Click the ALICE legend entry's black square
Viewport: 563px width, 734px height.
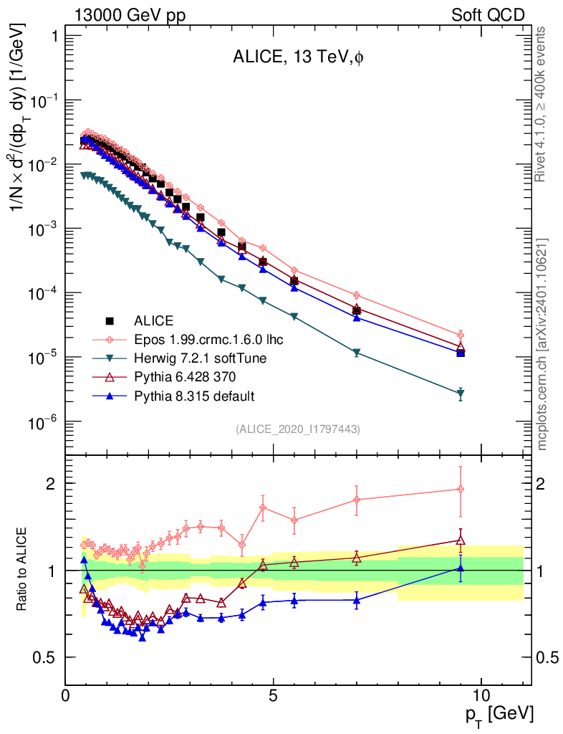point(110,320)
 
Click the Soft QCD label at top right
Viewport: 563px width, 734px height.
point(488,15)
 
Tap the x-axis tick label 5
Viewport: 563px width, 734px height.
point(274,696)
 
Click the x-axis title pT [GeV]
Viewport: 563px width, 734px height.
point(499,714)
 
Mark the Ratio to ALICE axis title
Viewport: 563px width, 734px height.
point(23,571)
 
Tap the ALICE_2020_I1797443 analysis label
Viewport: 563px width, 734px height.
point(297,429)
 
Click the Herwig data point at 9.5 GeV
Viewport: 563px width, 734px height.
point(461,394)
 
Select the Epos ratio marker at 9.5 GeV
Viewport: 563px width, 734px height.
point(461,489)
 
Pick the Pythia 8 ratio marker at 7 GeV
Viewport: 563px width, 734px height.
point(357,599)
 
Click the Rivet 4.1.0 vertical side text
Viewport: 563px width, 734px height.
point(542,104)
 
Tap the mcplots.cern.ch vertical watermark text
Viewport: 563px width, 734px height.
point(542,344)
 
